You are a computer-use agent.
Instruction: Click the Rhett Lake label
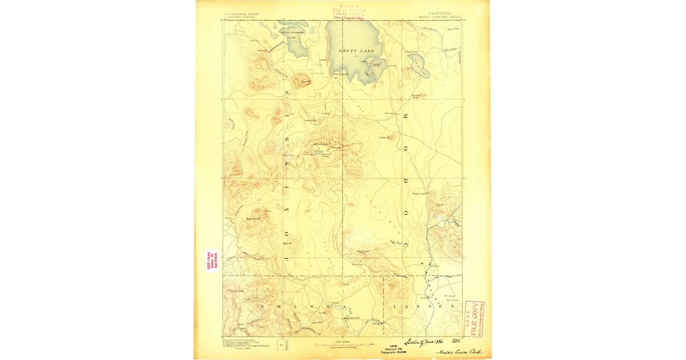coord(357,51)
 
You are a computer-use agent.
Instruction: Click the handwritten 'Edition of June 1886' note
coord(425,341)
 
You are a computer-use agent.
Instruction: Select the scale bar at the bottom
coord(343,345)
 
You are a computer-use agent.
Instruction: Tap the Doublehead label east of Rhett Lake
coord(416,96)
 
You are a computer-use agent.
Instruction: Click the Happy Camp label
coord(420,194)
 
